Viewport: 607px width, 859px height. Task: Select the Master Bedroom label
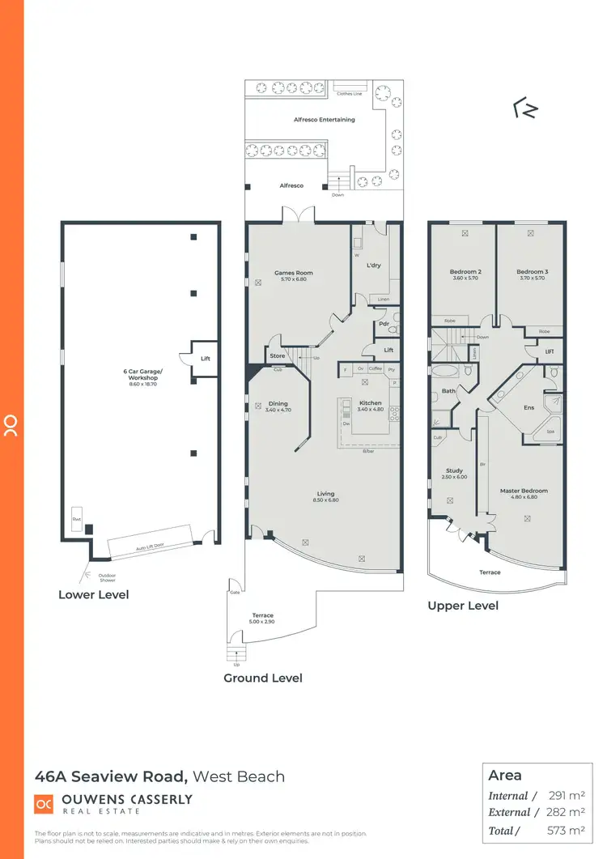pyautogui.click(x=524, y=491)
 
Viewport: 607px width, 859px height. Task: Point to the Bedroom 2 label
pyautogui.click(x=465, y=272)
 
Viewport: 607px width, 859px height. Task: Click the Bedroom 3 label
pyautogui.click(x=533, y=272)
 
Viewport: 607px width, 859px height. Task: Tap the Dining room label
pyautogui.click(x=278, y=404)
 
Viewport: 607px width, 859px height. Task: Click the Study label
pyautogui.click(x=453, y=470)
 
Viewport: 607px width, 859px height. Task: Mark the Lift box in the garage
pyautogui.click(x=205, y=358)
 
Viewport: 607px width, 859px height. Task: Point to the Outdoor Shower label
pyautogui.click(x=107, y=578)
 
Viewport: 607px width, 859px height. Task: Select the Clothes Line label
pyautogui.click(x=349, y=94)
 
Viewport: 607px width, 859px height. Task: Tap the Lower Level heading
pyautogui.click(x=93, y=595)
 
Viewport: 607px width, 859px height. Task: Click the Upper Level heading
pyautogui.click(x=463, y=606)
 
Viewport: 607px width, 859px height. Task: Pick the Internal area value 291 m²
pyautogui.click(x=567, y=796)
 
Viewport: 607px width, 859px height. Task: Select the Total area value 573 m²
pyautogui.click(x=567, y=830)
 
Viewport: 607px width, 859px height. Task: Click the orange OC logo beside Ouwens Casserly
pyautogui.click(x=44, y=804)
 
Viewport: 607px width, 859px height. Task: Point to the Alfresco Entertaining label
pyautogui.click(x=324, y=120)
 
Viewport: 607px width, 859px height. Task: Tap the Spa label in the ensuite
pyautogui.click(x=550, y=432)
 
